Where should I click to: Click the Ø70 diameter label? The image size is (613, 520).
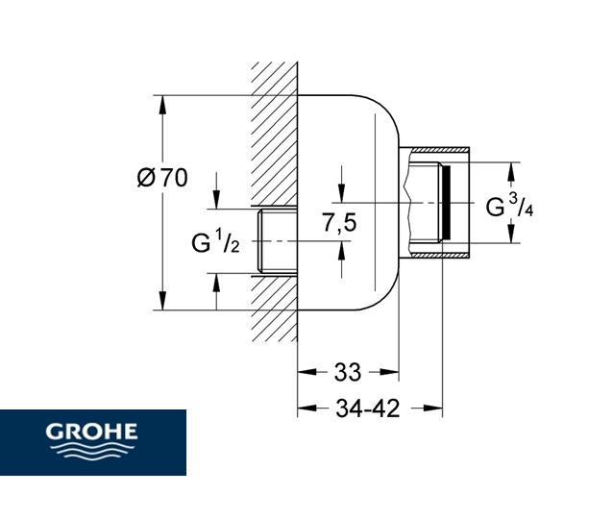161,178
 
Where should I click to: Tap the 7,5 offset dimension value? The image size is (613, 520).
338,223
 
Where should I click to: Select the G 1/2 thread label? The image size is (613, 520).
215,241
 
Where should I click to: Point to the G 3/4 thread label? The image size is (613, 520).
509,207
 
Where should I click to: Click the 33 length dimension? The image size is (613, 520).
347,369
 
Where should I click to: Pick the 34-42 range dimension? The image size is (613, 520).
369,409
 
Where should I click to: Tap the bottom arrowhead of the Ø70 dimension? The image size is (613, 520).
161,304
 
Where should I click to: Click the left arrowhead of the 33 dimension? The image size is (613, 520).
305,369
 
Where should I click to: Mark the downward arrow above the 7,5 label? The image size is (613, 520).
340,192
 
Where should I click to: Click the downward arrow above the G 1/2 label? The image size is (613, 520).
215,199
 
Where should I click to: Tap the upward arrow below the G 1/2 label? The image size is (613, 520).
215,283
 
